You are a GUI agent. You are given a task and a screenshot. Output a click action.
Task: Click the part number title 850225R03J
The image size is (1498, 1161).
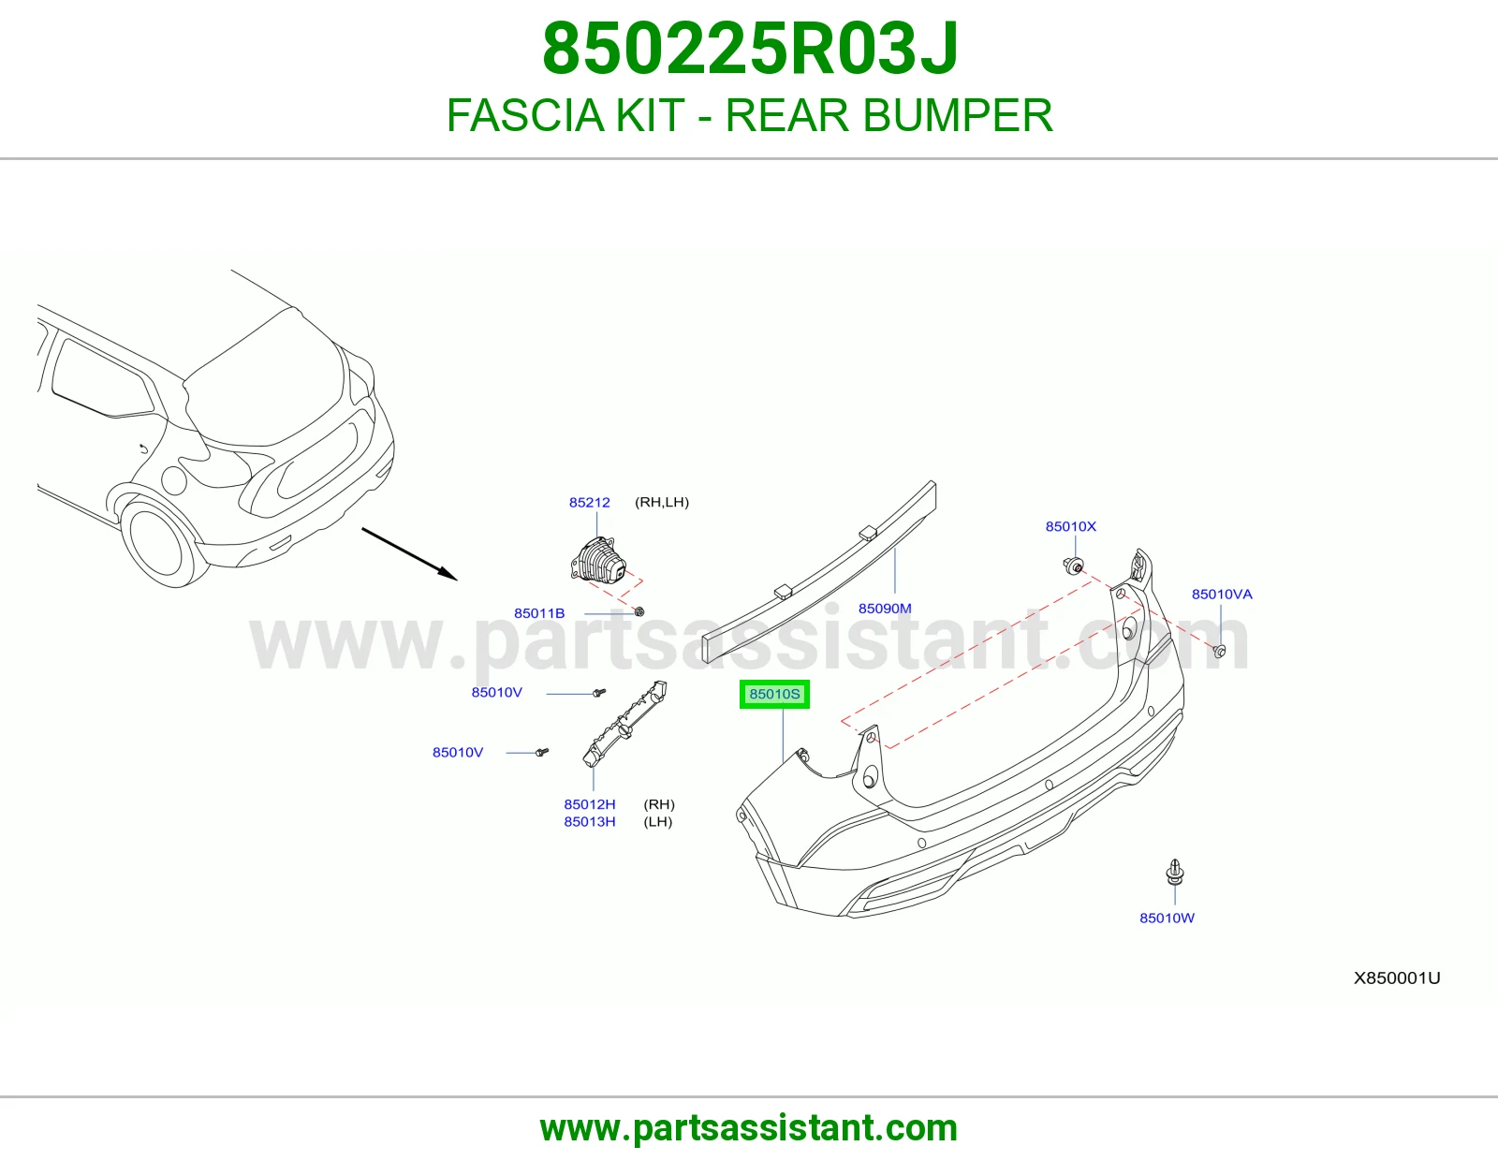750,49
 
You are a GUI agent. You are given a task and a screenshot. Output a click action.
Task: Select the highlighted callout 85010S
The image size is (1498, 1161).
774,694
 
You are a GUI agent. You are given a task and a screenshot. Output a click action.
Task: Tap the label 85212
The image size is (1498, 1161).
590,503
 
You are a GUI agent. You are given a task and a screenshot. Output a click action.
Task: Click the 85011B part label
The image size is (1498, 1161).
539,613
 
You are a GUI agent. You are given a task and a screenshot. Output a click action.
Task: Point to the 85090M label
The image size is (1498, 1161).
885,608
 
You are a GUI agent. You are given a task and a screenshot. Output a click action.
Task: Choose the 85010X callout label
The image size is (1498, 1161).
1070,526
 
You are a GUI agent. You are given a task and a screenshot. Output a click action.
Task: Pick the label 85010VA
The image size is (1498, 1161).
1222,594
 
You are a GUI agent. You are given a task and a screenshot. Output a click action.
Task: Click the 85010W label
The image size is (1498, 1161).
1167,918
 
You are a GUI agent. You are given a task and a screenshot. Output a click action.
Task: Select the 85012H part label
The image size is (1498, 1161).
590,804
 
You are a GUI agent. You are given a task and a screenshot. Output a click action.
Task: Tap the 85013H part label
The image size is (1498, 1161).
590,821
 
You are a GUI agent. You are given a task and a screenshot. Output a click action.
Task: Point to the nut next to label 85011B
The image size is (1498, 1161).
639,611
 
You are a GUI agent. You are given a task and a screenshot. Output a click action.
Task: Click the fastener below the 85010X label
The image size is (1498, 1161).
1073,566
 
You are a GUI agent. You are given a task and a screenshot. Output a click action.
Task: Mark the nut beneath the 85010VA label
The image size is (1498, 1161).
1219,651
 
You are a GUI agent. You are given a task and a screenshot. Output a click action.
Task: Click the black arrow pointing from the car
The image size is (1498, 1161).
409,553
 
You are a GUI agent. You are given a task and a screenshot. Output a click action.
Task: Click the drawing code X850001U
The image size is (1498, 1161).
1397,977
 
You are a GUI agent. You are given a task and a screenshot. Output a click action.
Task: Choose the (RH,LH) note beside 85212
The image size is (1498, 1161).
662,502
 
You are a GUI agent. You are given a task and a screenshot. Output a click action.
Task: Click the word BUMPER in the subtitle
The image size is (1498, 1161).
958,115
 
